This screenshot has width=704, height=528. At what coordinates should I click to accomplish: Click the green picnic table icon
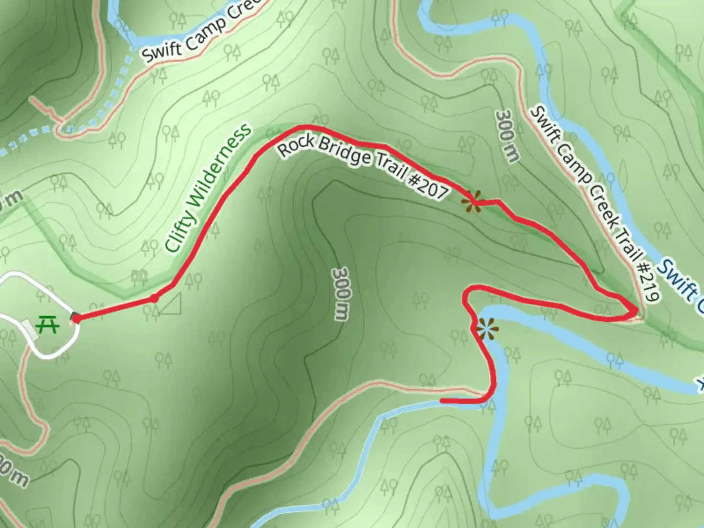coord(48,324)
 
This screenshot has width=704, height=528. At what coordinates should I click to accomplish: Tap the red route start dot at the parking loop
coord(76,318)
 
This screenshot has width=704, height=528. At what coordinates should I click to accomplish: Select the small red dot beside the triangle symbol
coord(154,298)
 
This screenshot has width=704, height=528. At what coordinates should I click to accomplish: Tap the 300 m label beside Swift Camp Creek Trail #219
coord(506,136)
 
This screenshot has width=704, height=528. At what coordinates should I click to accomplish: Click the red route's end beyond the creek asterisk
coord(442,401)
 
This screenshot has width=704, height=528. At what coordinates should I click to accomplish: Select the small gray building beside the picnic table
coord(30,329)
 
